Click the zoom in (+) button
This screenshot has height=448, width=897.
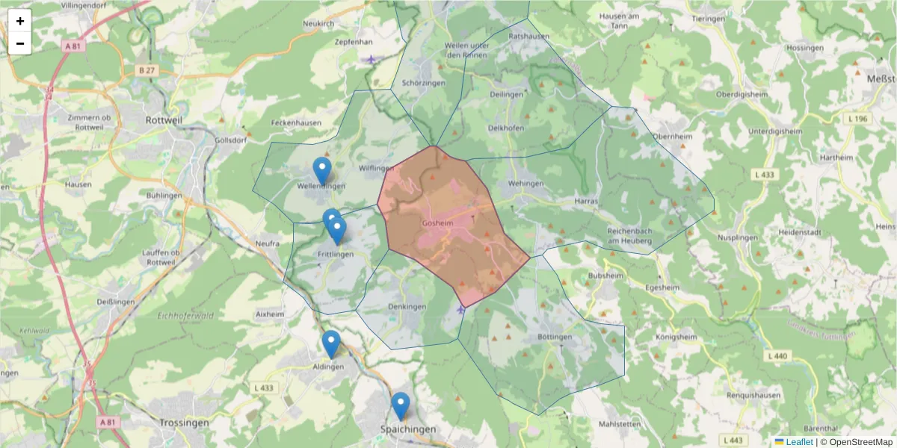click(x=20, y=21)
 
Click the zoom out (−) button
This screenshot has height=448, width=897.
click(x=20, y=43)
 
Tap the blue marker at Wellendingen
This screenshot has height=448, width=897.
click(x=322, y=170)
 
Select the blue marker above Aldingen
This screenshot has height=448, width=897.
click(x=331, y=343)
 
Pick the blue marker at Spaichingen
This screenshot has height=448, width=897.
click(x=401, y=405)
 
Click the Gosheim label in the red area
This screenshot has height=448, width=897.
click(x=438, y=223)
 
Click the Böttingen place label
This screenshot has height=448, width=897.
click(x=555, y=337)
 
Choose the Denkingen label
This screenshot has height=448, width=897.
click(x=407, y=307)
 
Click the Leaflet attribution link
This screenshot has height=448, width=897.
click(x=799, y=442)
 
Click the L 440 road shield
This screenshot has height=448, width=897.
click(x=777, y=356)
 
